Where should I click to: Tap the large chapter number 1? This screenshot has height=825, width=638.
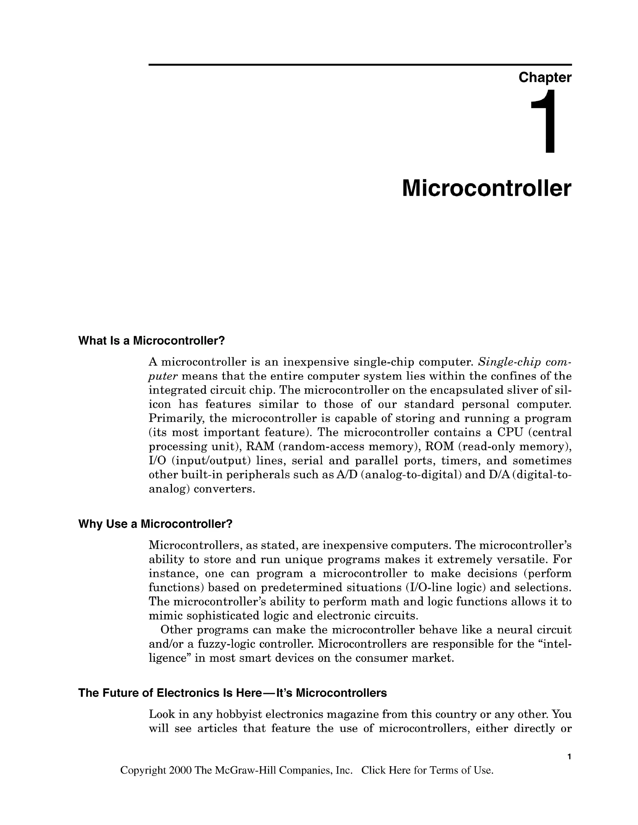[x=544, y=122]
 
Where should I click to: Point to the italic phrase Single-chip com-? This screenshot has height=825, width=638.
[x=525, y=362]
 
